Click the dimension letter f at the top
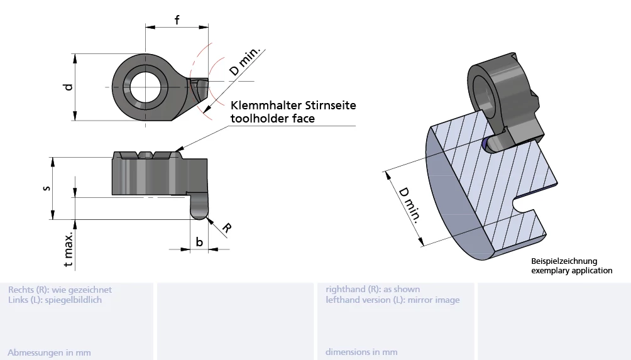[177, 19]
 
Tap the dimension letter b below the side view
[199, 241]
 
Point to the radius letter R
[226, 229]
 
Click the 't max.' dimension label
[69, 249]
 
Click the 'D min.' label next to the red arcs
[248, 62]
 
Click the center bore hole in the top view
[145, 87]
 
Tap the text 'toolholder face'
[272, 118]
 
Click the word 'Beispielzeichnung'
[564, 261]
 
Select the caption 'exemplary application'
[571, 271]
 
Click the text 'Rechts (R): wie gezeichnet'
[60, 290]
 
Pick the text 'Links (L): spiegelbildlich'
[55, 300]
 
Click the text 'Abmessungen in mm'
[49, 352]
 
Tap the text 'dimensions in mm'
[361, 352]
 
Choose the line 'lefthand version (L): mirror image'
[392, 300]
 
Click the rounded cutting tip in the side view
[199, 211]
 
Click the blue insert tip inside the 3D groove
[485, 145]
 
